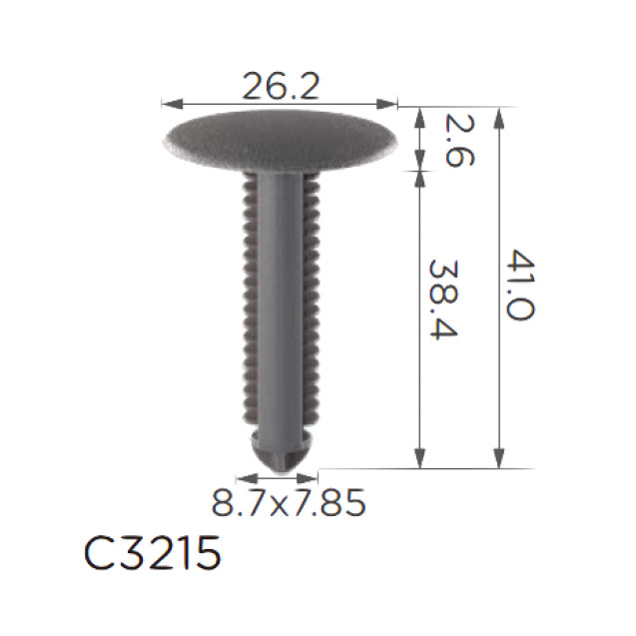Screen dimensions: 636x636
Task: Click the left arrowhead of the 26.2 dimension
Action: coord(168,102)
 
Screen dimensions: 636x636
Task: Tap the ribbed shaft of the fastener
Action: coord(280,300)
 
